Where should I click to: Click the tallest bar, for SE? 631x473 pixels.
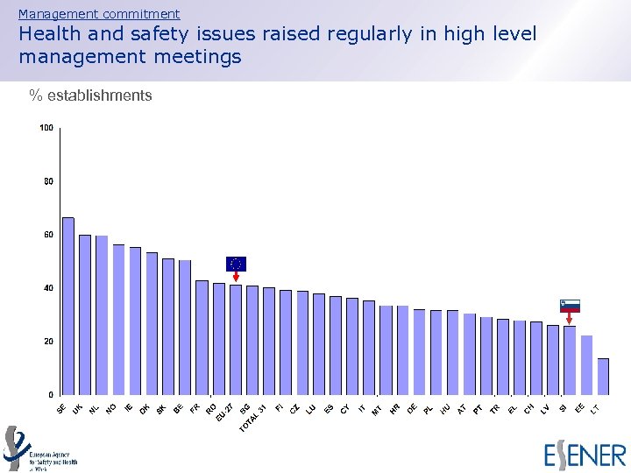(67, 306)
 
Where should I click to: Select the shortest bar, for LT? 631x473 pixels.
(603, 376)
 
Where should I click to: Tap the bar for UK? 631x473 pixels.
(85, 314)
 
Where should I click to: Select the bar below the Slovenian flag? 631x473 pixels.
(570, 360)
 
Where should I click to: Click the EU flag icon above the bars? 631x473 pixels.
(236, 264)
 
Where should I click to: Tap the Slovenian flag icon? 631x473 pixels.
(570, 306)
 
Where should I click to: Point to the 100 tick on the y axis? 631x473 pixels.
(46, 128)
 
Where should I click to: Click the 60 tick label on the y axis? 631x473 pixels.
(48, 235)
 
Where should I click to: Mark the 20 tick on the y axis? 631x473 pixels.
(48, 341)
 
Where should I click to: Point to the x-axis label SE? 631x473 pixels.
(60, 409)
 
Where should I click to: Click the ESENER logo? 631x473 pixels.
(585, 455)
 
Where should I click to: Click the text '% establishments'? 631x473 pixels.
(90, 95)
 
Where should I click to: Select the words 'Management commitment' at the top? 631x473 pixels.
(99, 14)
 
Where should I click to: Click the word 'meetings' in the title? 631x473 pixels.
(202, 57)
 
